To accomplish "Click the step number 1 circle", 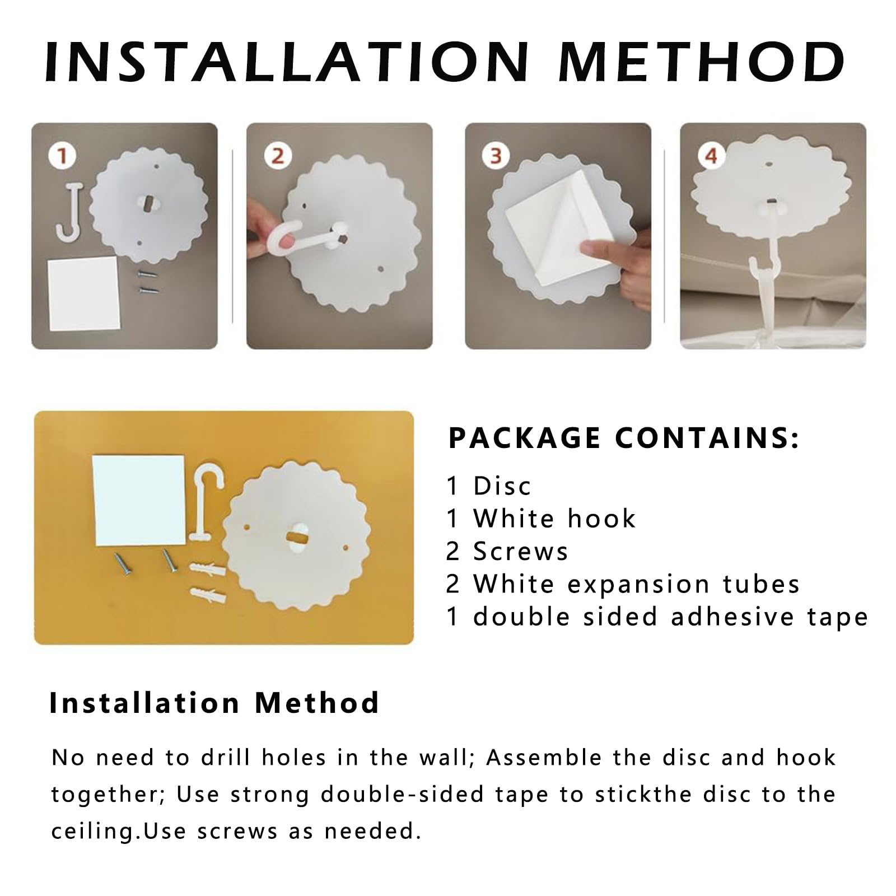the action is pos(62,156).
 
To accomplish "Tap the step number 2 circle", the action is pos(277,156).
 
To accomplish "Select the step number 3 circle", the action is pos(496,156).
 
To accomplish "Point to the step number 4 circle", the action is pos(711,156).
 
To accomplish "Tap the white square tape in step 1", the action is pos(83,293).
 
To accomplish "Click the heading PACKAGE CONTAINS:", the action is pos(624,438).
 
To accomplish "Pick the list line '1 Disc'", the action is pos(489,486).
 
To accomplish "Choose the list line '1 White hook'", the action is pos(542,519).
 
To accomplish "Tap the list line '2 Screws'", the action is pos(507,552).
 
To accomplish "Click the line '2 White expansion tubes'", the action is pos(623,584).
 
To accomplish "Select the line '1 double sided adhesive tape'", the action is pos(657,617).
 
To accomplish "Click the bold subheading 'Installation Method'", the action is pos(214,703).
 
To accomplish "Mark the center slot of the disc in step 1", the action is pos(148,200).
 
